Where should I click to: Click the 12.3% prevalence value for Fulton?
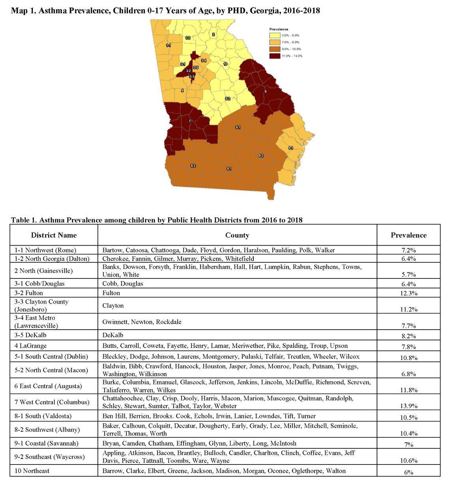click(409, 293)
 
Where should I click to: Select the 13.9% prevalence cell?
click(409, 406)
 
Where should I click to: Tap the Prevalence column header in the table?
click(409, 235)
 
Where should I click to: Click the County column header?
click(237, 235)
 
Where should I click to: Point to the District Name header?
click(54, 235)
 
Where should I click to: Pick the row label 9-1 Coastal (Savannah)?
click(46, 443)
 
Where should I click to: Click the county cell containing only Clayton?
click(113, 306)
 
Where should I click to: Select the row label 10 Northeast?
click(32, 471)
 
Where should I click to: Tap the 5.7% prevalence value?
click(409, 274)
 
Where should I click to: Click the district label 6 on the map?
click(265, 91)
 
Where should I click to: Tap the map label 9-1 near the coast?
click(291, 147)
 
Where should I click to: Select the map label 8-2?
click(193, 165)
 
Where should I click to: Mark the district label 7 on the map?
click(190, 121)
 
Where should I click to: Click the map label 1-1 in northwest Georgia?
click(169, 46)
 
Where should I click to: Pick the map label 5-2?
click(227, 99)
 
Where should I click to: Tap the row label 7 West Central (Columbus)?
click(52, 402)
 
